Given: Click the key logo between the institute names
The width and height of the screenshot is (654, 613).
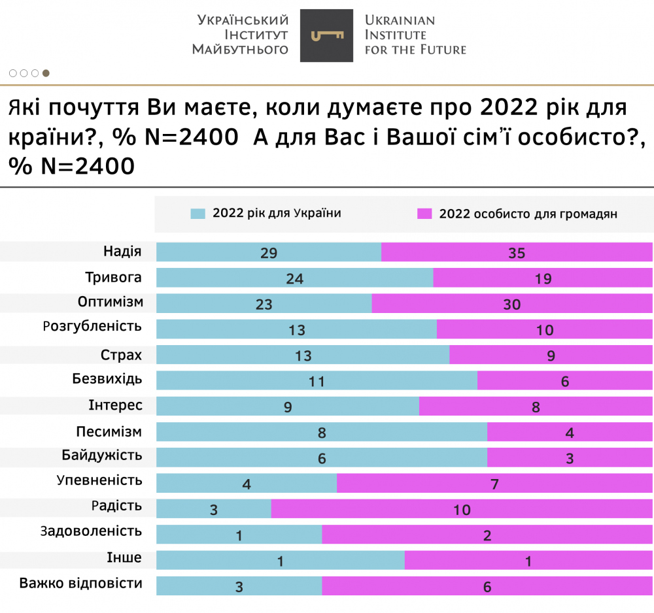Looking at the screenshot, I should coord(326,36).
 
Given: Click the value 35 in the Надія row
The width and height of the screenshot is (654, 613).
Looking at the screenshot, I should coord(517,254).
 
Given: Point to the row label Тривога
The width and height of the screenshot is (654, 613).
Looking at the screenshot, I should coord(113,277).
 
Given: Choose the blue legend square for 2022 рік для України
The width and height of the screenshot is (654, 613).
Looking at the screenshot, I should coord(198,214).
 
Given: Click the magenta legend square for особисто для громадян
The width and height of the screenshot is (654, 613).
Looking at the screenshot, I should coord(424,214).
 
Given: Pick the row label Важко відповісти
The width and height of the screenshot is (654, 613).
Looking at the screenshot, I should coord(81,584).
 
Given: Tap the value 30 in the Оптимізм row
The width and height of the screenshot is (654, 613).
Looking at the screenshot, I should coord(511,305).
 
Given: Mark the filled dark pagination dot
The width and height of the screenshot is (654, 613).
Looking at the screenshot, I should coord(46,73).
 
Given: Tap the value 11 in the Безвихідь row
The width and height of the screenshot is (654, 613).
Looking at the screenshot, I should coord(317,382).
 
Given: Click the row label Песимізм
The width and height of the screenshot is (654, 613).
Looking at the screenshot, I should coord(109,431).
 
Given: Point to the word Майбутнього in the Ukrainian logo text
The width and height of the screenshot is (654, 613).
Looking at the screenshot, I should coord(240,50).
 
